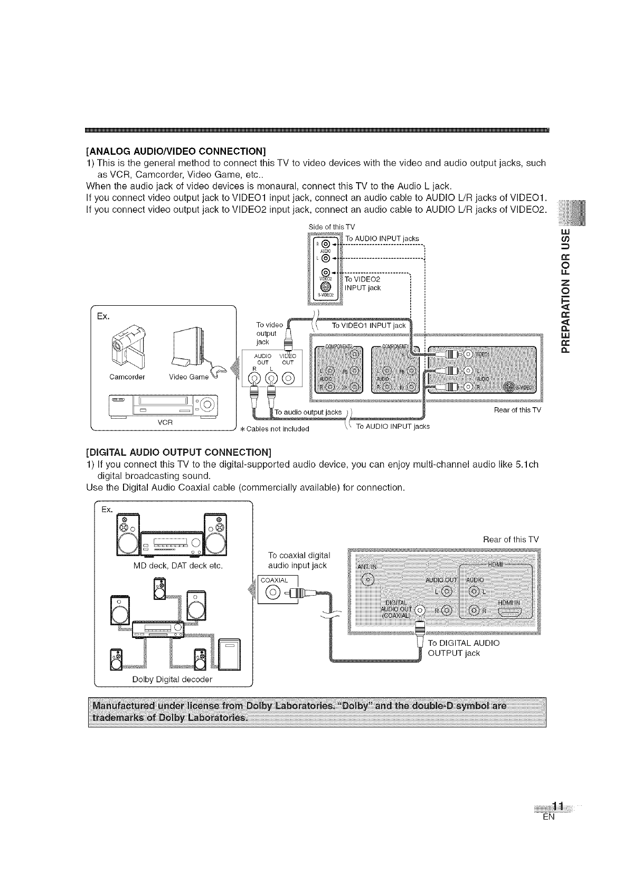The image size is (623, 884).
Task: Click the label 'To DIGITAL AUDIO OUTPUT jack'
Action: [x=463, y=648]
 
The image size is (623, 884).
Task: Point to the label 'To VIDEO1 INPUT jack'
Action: [x=369, y=325]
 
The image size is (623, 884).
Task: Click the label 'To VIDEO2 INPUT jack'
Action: [x=363, y=283]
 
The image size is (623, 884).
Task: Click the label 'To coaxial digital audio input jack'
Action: [x=299, y=560]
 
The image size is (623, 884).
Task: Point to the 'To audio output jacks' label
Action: [x=308, y=412]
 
